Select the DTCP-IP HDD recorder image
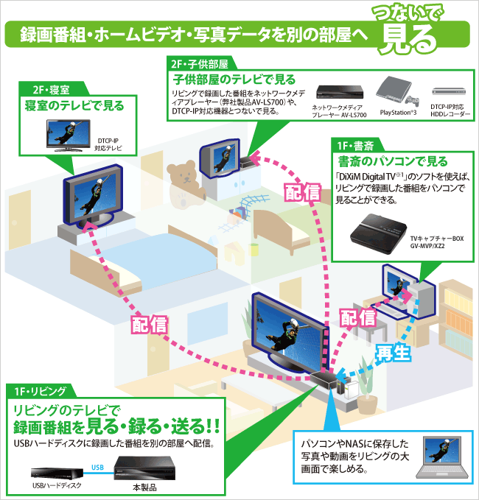pos(451,91)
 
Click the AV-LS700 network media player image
pos(340,93)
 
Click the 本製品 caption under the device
pos(145,487)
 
